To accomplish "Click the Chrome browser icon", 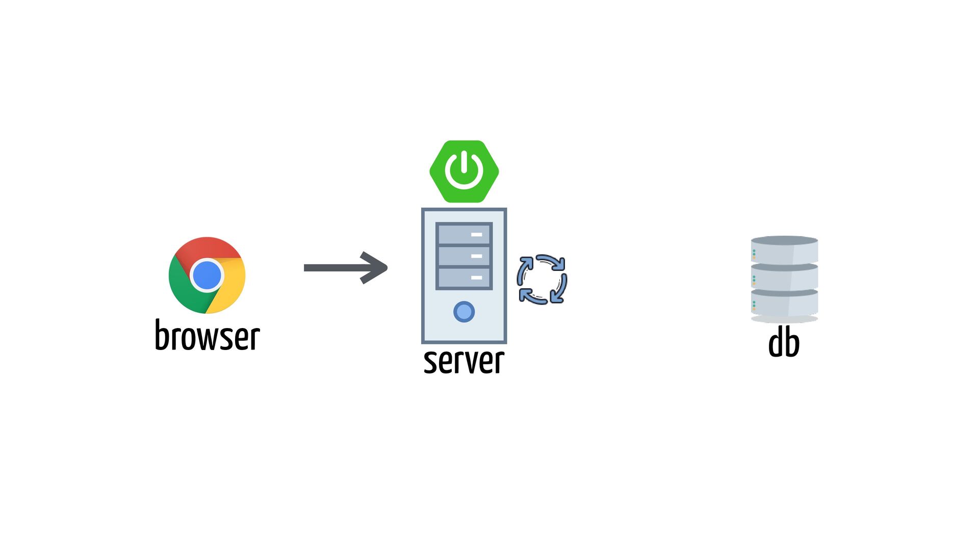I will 207,275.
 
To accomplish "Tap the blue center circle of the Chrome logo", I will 207,275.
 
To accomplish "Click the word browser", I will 207,336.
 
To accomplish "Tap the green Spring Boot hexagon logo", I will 464,171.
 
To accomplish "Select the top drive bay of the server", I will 464,235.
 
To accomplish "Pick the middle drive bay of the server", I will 464,256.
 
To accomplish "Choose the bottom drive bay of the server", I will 464,278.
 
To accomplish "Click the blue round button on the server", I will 464,312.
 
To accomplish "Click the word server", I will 464,361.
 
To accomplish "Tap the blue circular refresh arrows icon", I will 542,280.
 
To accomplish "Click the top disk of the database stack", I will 784,250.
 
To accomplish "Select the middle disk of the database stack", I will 784,277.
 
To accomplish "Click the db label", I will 784,343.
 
